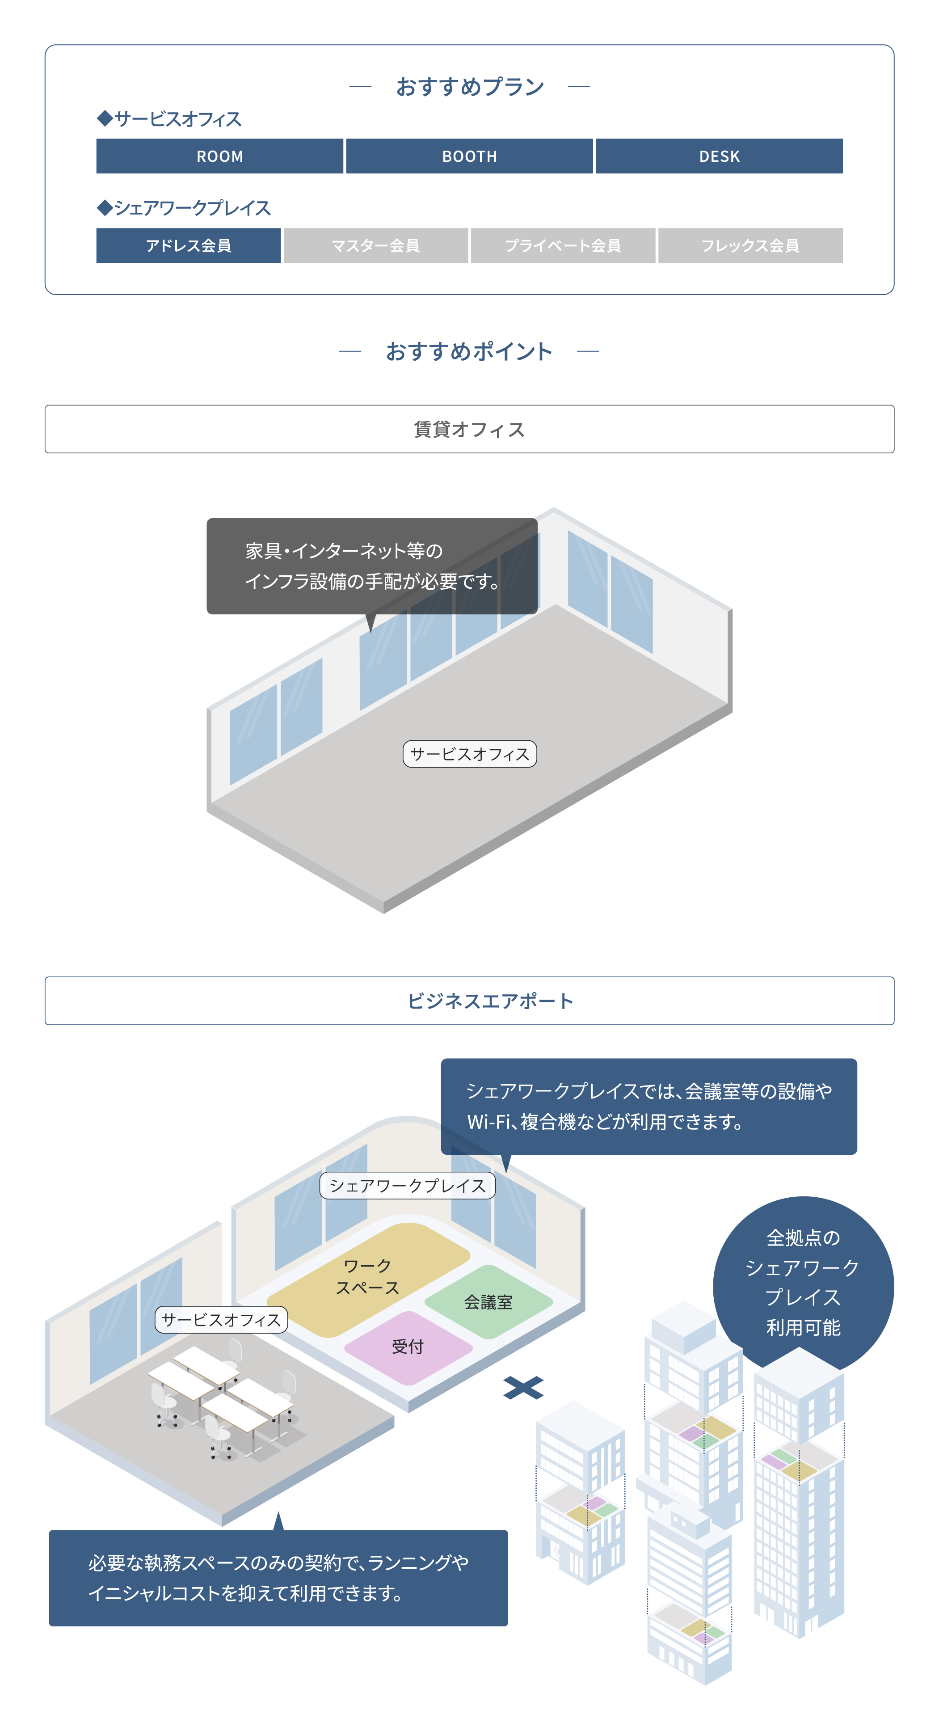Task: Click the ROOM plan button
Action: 219,156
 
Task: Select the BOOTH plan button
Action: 469,156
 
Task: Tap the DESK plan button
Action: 719,156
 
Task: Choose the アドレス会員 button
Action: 188,245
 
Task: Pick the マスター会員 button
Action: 375,245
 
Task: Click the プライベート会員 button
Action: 563,245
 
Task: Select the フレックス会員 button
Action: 750,245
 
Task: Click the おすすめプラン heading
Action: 469,86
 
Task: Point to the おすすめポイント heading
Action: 469,351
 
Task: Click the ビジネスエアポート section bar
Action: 469,1001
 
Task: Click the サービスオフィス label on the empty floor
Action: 469,754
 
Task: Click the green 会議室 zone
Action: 488,1301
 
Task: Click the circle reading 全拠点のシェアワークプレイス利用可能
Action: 803,1281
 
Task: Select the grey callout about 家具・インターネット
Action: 371,566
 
